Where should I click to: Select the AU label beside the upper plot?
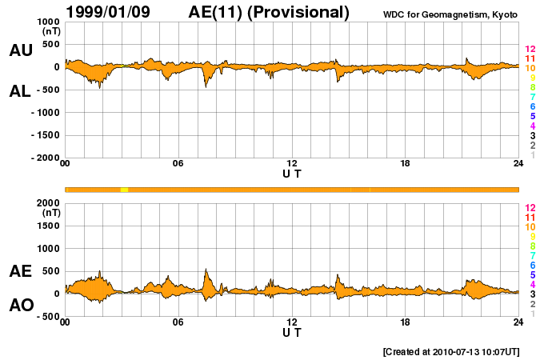(x=21, y=50)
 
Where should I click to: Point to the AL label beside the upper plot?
(x=21, y=91)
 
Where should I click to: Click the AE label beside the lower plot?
(x=21, y=271)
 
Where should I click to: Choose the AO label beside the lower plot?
(x=21, y=306)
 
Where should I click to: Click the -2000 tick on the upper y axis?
(x=44, y=158)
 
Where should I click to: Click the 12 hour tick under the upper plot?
(x=292, y=164)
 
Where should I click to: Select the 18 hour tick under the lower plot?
(x=406, y=322)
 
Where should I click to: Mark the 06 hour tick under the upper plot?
(x=178, y=164)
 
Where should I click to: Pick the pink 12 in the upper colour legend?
(x=530, y=50)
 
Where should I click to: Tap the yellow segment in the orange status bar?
(x=124, y=189)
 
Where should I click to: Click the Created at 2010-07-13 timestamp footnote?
(x=451, y=351)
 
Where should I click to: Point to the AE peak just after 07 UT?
(x=206, y=270)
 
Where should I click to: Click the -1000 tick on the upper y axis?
(x=44, y=113)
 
